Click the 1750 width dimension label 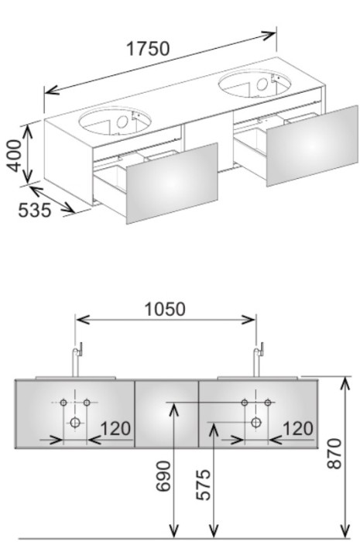149,49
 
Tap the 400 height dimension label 15,156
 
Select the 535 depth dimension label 35,210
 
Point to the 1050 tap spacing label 165,310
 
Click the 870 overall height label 334,454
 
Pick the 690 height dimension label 163,476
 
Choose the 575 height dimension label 203,485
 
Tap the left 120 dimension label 115,429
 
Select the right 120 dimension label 298,429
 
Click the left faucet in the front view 76,360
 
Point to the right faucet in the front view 257,360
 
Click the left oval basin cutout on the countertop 115,121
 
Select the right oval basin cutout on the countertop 255,84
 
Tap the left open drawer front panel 172,184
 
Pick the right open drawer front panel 312,146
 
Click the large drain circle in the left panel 75,422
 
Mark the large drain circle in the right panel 256,422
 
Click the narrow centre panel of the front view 166,414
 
